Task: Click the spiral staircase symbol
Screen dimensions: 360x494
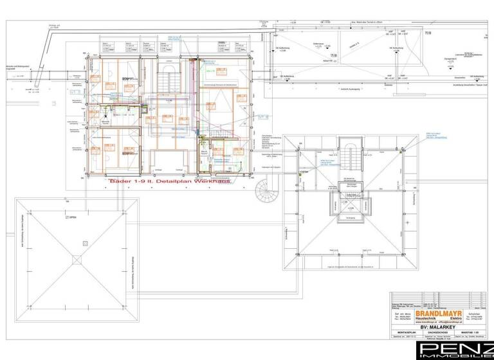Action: pyautogui.click(x=264, y=190)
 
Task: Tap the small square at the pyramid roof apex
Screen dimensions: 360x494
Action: pyautogui.click(x=77, y=260)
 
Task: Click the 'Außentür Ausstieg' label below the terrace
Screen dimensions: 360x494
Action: pyautogui.click(x=353, y=87)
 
